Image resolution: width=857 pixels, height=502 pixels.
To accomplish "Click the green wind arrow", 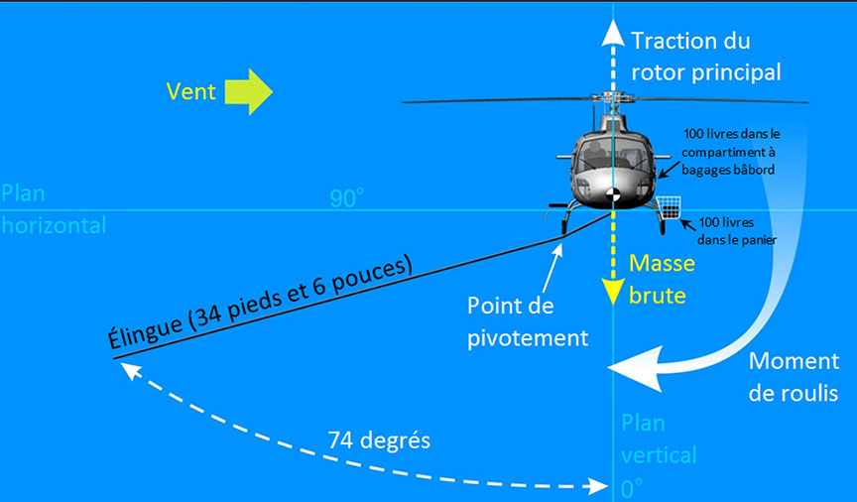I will tap(249, 91).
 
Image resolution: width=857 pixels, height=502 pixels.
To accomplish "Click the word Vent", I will tap(191, 91).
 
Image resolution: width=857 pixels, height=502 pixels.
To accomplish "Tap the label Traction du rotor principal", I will tap(705, 57).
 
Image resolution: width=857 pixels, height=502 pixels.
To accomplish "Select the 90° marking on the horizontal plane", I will tap(346, 198).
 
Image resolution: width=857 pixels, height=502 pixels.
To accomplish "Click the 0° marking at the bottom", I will tap(631, 488).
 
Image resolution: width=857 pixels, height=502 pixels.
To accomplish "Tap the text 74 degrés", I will tap(379, 439).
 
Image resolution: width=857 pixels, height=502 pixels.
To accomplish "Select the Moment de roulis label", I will tap(794, 377).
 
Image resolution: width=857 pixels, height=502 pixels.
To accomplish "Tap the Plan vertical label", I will tap(659, 439).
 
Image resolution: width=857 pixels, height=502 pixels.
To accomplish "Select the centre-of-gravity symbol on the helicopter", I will tap(614, 194).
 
